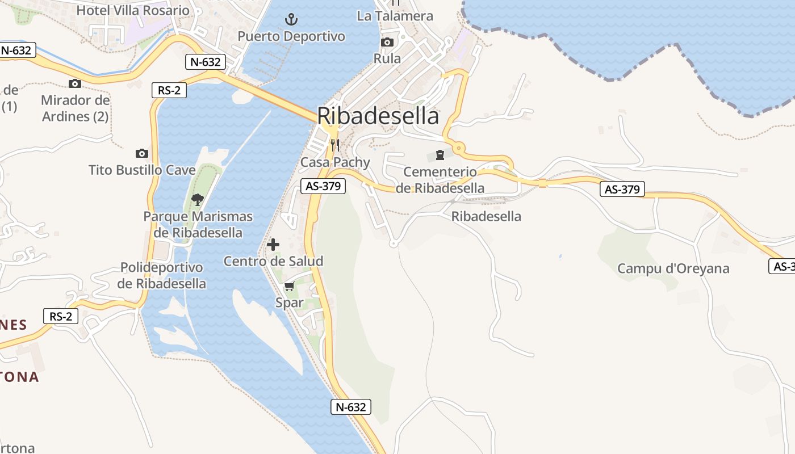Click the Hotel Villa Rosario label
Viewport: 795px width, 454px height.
(x=133, y=10)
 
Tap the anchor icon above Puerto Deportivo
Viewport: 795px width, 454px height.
(x=291, y=20)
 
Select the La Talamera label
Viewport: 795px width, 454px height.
(x=395, y=16)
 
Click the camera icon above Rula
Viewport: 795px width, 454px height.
(x=387, y=43)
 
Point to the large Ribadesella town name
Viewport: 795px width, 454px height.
(x=378, y=116)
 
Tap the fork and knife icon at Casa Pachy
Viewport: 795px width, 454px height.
(x=335, y=145)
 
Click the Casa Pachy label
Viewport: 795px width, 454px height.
(x=335, y=162)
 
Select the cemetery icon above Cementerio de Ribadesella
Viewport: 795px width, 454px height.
(x=440, y=154)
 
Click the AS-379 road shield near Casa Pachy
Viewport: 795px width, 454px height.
(x=323, y=186)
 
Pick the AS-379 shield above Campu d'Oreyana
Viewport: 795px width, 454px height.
(x=622, y=189)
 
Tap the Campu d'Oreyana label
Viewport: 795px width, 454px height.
(x=673, y=268)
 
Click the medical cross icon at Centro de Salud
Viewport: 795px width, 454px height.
(x=273, y=245)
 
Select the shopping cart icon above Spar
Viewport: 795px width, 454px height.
(x=290, y=286)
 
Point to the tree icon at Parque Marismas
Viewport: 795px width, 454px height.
(x=198, y=199)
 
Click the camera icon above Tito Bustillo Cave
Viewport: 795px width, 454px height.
(x=142, y=153)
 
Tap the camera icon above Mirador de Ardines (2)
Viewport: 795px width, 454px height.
(x=74, y=84)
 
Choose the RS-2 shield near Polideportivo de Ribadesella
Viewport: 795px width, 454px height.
(x=61, y=316)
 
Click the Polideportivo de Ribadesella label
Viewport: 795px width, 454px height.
(x=162, y=275)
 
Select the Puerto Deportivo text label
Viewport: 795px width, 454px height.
(x=291, y=36)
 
